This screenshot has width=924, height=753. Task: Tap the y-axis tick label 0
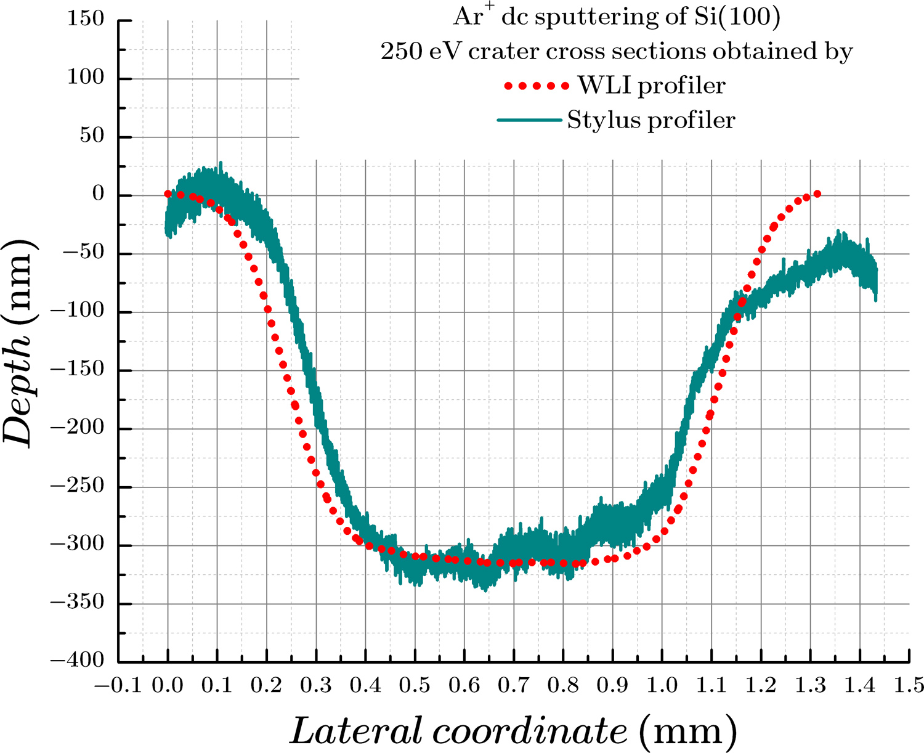[x=99, y=195]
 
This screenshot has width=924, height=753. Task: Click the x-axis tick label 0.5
[x=415, y=685]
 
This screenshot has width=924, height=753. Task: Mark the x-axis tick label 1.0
[x=662, y=685]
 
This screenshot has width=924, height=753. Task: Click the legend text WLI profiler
[x=651, y=86]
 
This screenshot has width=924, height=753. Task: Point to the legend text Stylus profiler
[x=651, y=120]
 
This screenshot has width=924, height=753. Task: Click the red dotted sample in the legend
[x=536, y=86]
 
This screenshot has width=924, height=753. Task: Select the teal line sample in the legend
[x=530, y=120]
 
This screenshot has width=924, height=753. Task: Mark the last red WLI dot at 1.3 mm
[x=817, y=194]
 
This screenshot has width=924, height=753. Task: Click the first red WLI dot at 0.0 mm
[x=168, y=194]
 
